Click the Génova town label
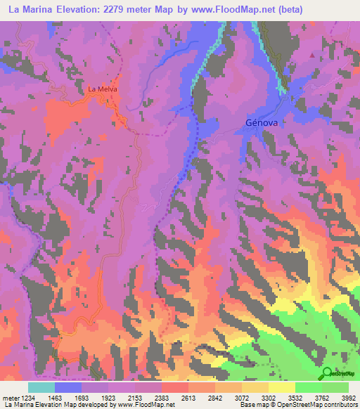point(263,122)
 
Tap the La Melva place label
point(101,89)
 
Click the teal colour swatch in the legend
point(41,387)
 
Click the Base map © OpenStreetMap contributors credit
point(297,405)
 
